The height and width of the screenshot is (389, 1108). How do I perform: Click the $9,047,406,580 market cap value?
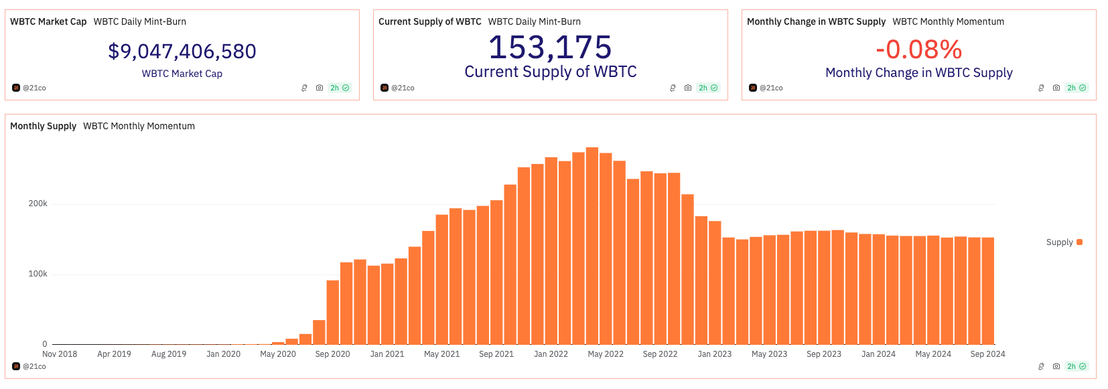182,52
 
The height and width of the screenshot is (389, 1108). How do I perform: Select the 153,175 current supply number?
550,48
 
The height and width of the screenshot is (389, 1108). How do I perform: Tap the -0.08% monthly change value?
918,50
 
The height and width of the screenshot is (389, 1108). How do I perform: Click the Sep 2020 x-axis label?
332,354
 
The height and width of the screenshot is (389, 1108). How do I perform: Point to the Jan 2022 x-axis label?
551,354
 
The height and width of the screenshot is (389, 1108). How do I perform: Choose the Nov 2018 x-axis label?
60,354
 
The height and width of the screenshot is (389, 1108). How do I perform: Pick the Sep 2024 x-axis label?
987,354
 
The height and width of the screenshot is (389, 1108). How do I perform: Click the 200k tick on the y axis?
38,204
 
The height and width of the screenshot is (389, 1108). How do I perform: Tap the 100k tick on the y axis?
38,274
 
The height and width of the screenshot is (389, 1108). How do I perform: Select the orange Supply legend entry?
1064,242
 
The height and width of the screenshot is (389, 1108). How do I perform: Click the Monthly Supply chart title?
43,126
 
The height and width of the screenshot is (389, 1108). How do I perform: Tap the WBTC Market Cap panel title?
48,21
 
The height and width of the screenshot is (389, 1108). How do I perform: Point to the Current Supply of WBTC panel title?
429,21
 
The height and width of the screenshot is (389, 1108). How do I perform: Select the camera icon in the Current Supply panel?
688,88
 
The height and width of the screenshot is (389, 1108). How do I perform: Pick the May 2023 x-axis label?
769,354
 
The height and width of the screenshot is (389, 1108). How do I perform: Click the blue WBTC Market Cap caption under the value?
182,74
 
